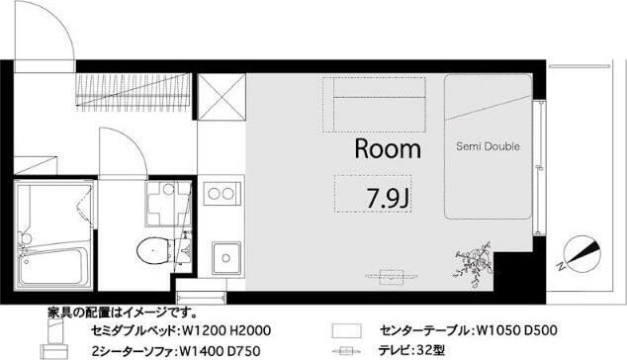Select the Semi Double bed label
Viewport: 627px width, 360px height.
488,146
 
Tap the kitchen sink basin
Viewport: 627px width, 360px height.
225,258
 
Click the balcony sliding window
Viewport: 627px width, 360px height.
542,158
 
